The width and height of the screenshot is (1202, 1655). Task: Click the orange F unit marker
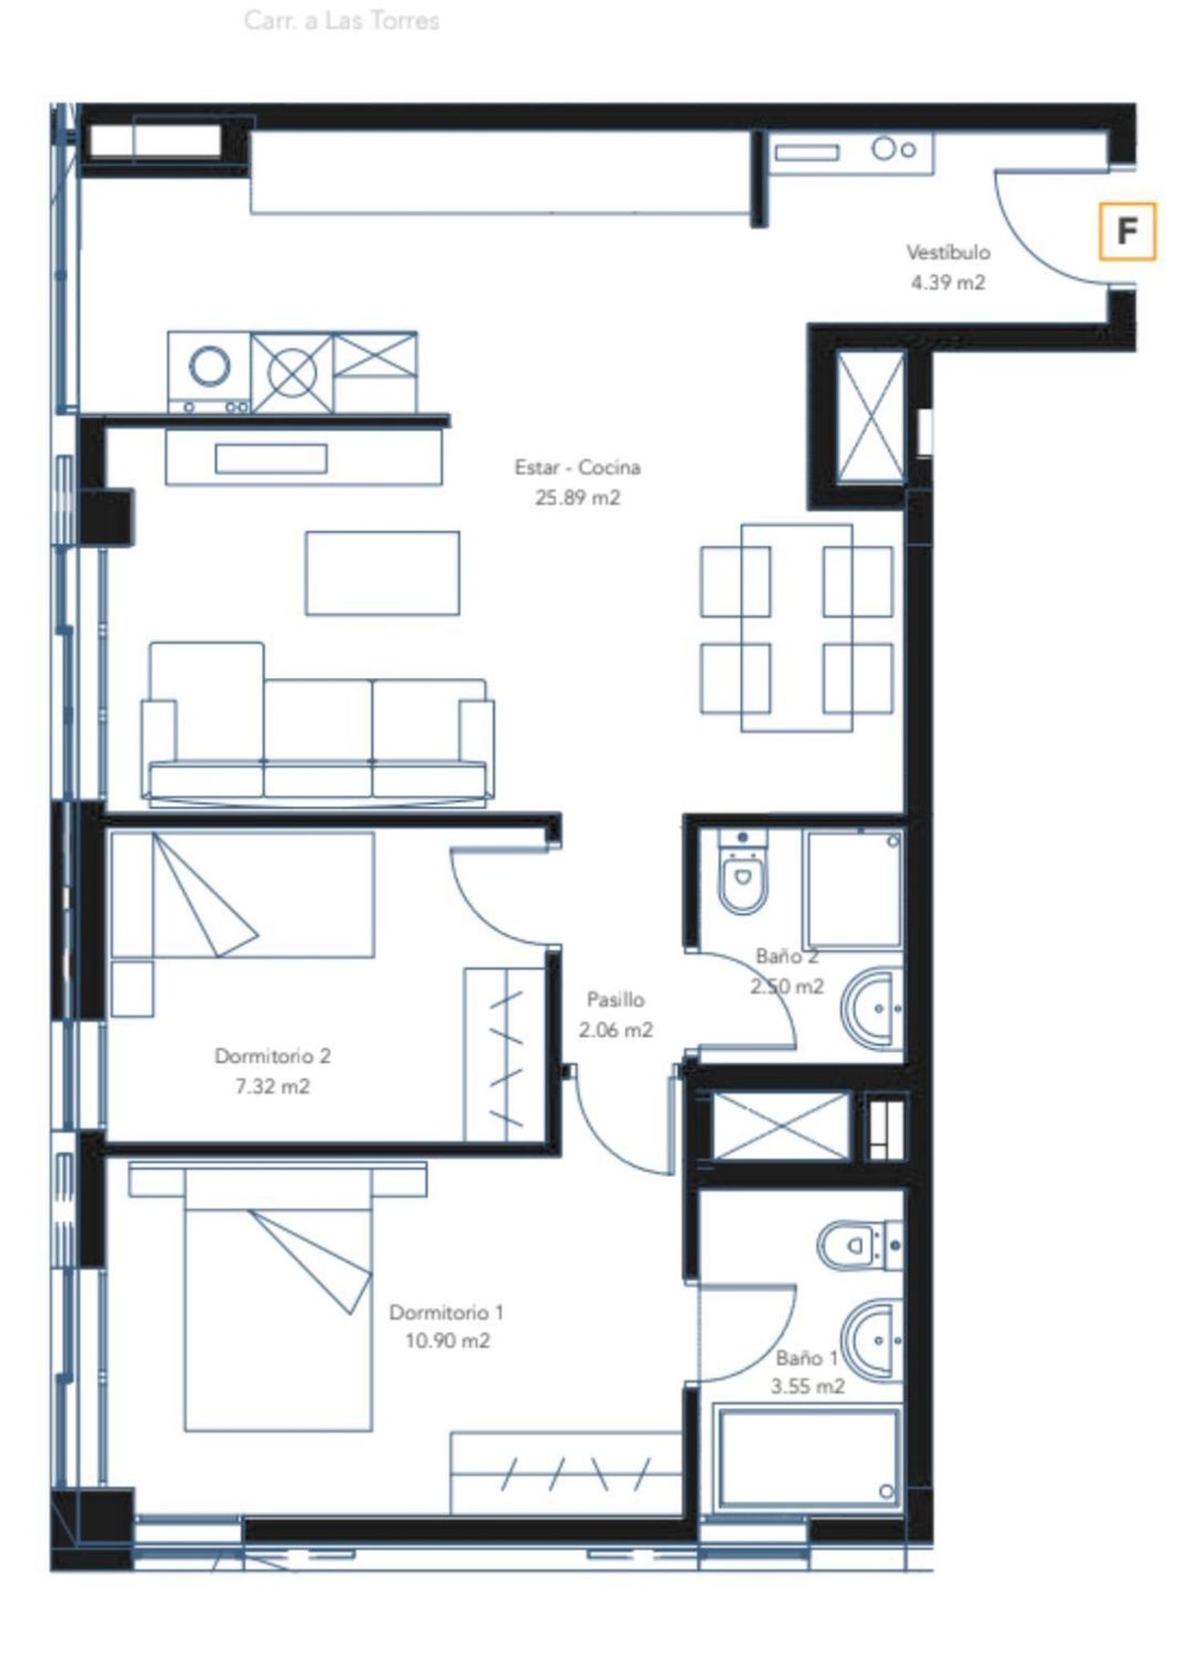point(1127,232)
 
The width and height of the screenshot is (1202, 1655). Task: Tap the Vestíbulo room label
point(948,252)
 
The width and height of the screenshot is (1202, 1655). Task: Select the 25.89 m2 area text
point(578,497)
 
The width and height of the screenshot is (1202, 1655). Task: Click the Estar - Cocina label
point(577,467)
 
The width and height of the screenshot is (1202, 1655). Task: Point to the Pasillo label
point(615,1000)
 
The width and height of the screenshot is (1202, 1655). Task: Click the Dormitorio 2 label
point(272,1056)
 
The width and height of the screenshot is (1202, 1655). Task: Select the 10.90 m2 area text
point(447,1340)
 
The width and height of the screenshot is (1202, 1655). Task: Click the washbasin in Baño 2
point(872,1009)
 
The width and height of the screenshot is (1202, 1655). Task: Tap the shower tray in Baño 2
point(854,890)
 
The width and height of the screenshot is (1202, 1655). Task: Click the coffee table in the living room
point(382,573)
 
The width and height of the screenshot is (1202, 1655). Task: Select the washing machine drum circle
point(210,366)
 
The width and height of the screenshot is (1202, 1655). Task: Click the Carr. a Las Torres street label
point(341,20)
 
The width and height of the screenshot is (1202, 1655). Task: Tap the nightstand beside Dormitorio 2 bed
point(132,989)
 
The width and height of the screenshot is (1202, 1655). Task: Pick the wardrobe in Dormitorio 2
point(505,1054)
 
